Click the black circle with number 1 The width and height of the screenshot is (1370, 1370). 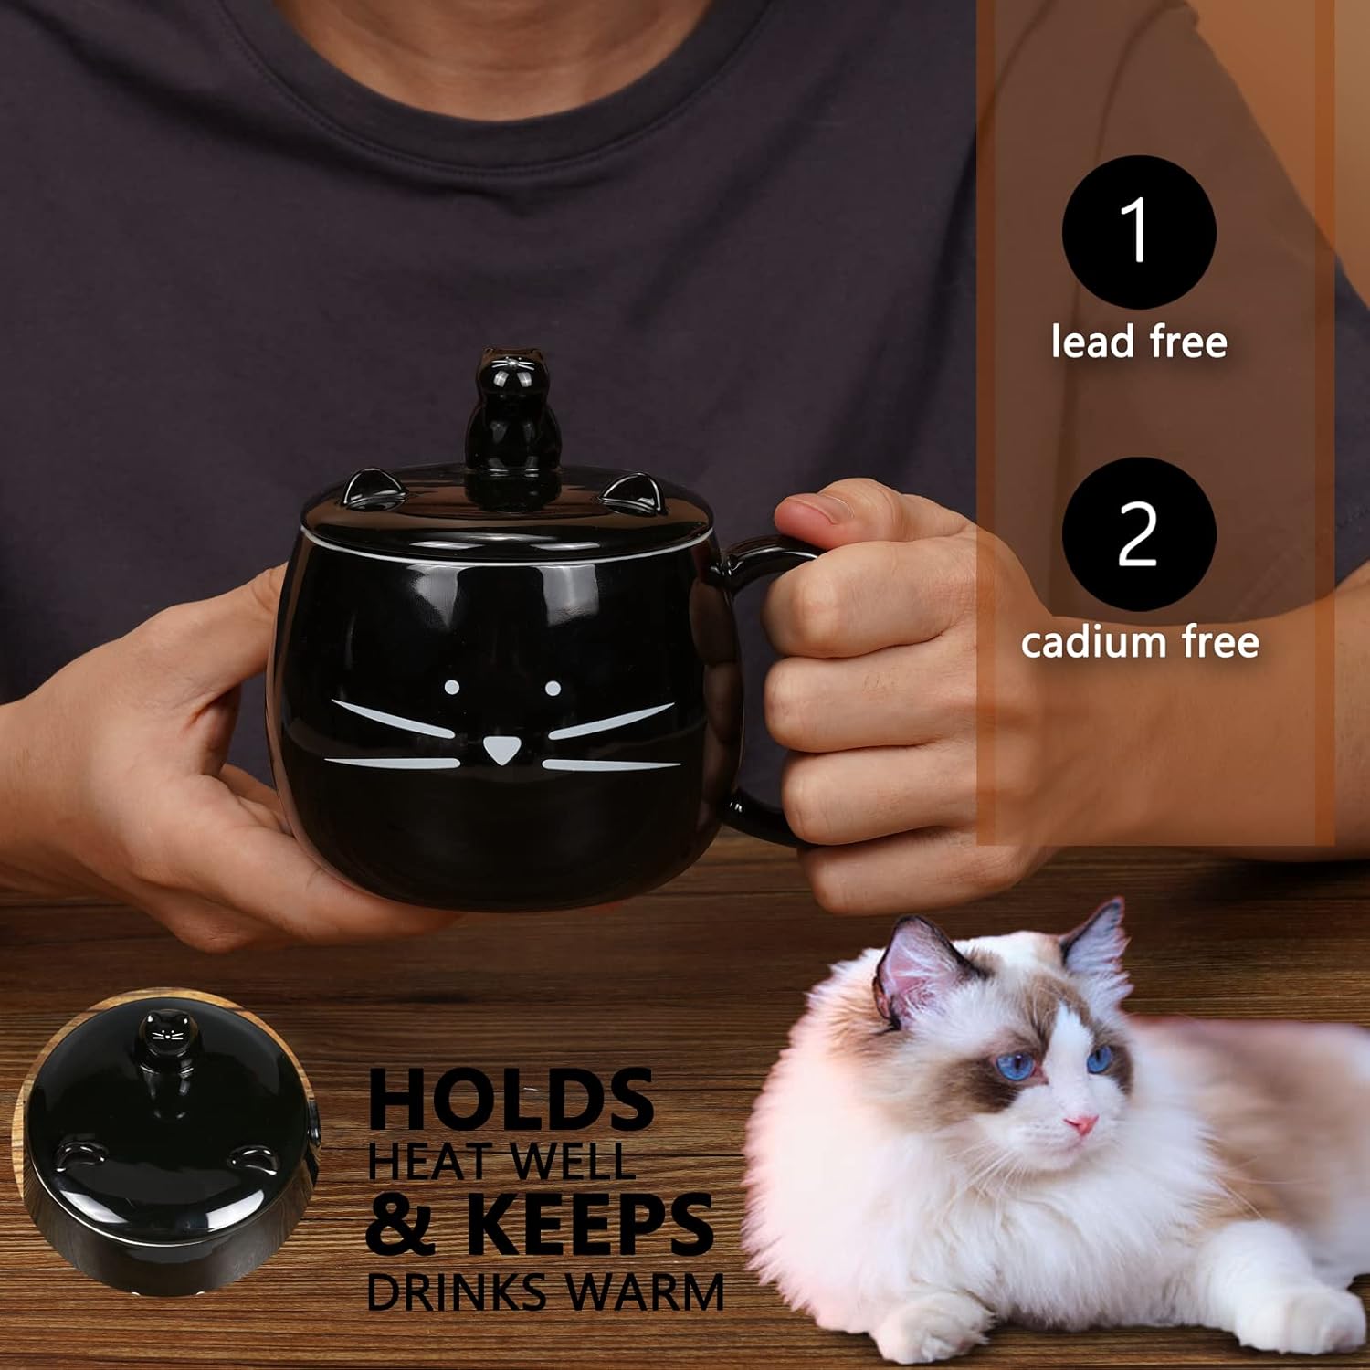pyautogui.click(x=1138, y=232)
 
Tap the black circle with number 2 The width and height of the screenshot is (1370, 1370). pyautogui.click(x=1138, y=533)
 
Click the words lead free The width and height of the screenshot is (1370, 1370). pyautogui.click(x=1138, y=342)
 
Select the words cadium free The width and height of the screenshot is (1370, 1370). pyautogui.click(x=1140, y=642)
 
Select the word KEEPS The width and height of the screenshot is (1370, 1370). pyautogui.click(x=589, y=1224)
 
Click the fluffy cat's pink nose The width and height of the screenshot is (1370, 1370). pyautogui.click(x=1081, y=1123)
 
